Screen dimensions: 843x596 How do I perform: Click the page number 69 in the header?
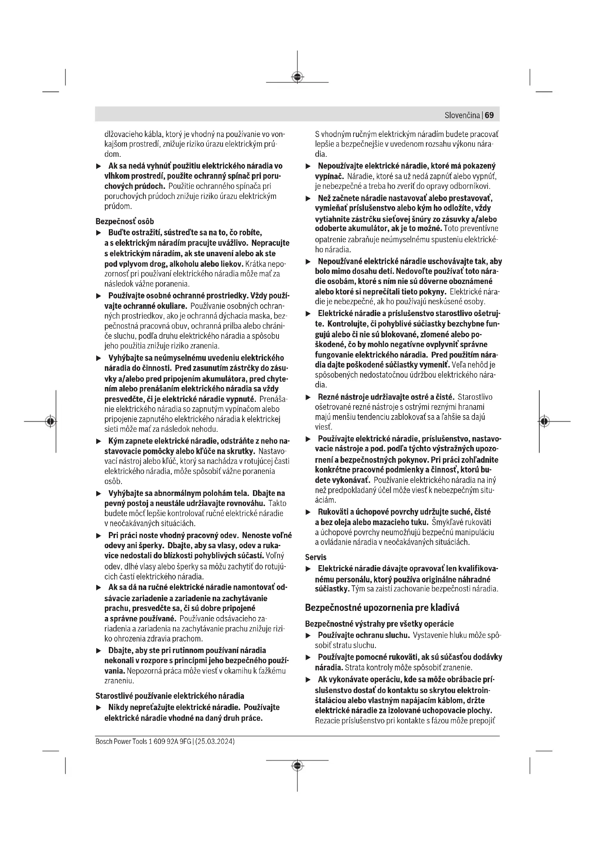point(489,115)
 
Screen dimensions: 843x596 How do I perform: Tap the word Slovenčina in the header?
point(462,115)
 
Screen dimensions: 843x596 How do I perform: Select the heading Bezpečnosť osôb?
point(124,221)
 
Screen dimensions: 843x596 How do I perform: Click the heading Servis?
point(316,557)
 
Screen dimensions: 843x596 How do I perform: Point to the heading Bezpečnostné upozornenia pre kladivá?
point(382,608)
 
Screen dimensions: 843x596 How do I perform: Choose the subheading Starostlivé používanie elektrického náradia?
point(170,696)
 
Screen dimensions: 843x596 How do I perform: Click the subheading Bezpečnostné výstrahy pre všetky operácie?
point(379,624)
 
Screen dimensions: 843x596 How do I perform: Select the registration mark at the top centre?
point(297,77)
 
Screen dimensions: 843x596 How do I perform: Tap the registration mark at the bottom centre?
point(297,765)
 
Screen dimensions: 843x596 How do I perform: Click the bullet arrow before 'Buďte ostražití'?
point(98,233)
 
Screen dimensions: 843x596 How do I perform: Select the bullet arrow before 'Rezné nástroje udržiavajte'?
point(308,397)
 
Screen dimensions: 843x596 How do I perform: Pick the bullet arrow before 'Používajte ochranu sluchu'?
point(308,635)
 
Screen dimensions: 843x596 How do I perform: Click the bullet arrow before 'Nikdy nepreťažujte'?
point(98,707)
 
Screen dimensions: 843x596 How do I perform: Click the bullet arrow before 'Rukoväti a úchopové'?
point(308,512)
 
